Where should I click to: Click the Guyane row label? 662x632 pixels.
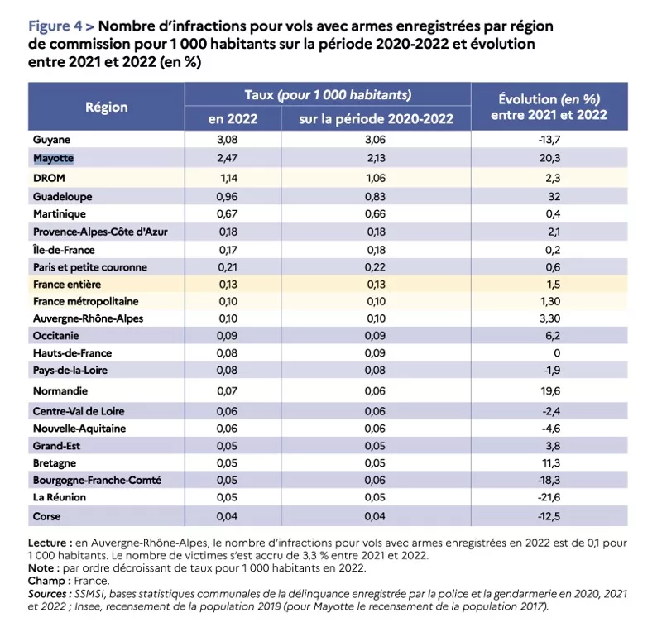click(x=51, y=139)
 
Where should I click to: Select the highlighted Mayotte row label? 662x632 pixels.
click(x=53, y=158)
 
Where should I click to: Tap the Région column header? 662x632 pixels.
click(x=107, y=108)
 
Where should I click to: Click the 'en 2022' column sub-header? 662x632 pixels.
click(x=233, y=118)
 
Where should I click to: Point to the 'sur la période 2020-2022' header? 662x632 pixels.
click(x=376, y=119)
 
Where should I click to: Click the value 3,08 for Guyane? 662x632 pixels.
click(x=227, y=140)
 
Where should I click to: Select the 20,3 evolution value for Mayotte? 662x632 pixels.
click(x=550, y=158)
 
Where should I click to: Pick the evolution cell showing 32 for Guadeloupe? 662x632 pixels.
click(x=554, y=197)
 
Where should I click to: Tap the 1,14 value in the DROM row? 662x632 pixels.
click(x=229, y=178)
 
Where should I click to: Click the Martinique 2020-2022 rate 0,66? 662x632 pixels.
click(x=376, y=214)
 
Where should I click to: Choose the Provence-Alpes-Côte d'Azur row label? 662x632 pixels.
click(x=100, y=232)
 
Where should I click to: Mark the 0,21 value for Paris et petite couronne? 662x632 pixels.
click(x=228, y=267)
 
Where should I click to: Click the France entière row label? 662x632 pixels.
click(x=67, y=284)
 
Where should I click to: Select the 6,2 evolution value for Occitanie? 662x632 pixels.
click(x=553, y=336)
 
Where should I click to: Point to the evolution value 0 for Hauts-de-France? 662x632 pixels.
click(x=557, y=353)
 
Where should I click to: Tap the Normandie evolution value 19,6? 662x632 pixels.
click(x=550, y=391)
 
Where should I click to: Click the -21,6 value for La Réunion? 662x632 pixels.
click(x=549, y=497)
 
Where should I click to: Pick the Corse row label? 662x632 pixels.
click(x=47, y=516)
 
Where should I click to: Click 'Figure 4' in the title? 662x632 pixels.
click(x=55, y=26)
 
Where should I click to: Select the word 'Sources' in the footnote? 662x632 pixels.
click(x=47, y=594)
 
